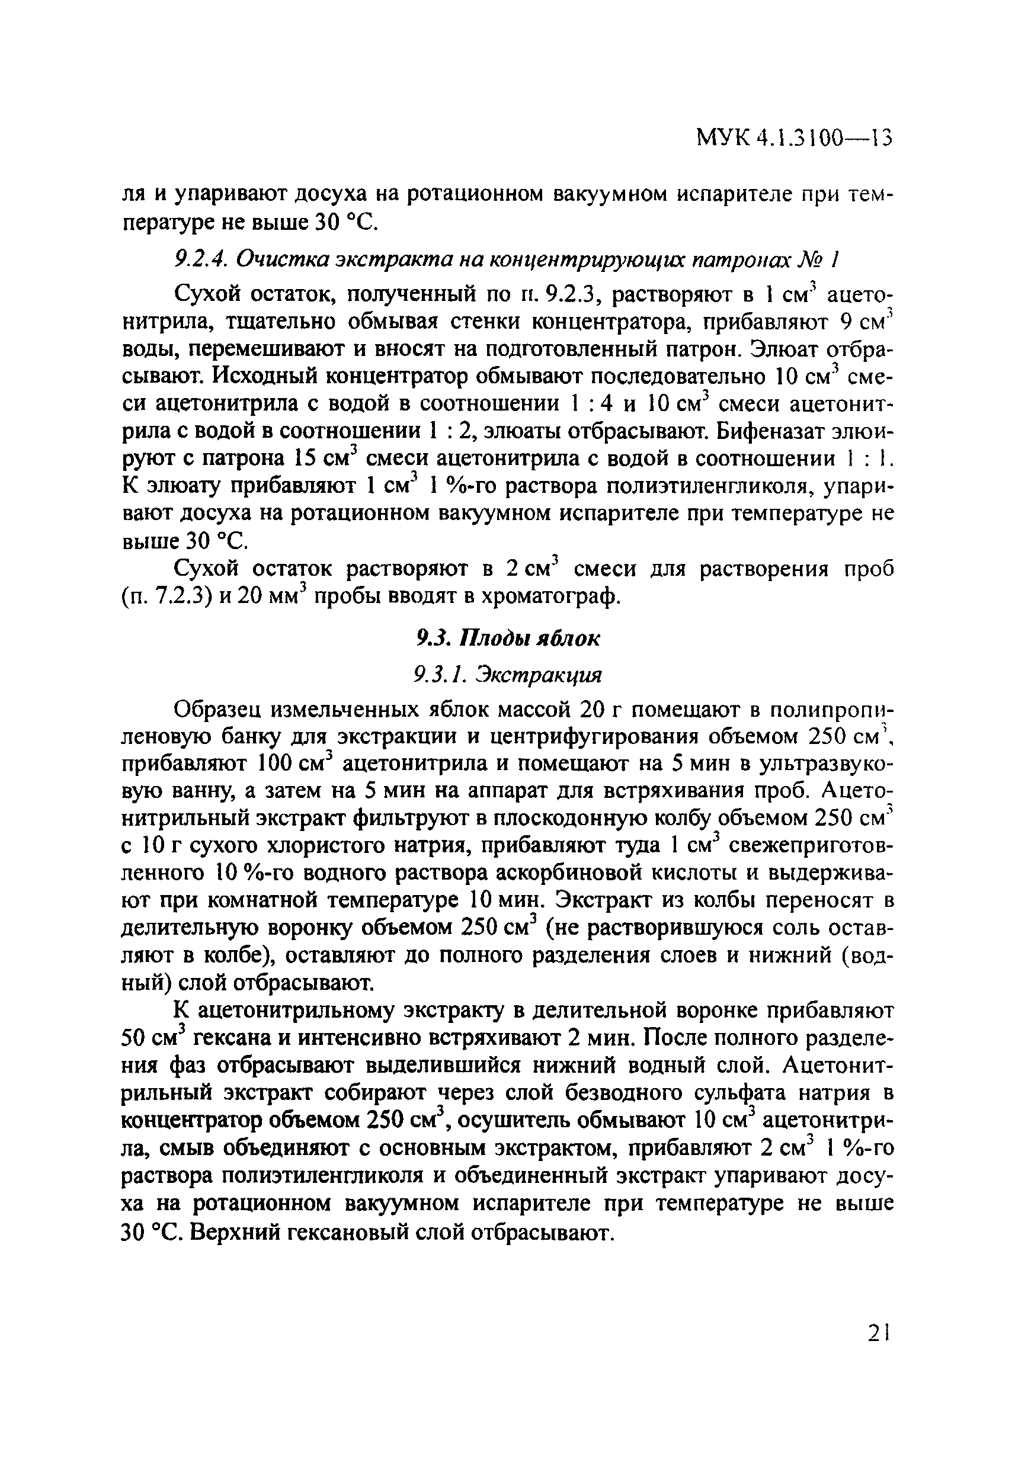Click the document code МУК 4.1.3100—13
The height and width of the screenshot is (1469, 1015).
click(x=795, y=137)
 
